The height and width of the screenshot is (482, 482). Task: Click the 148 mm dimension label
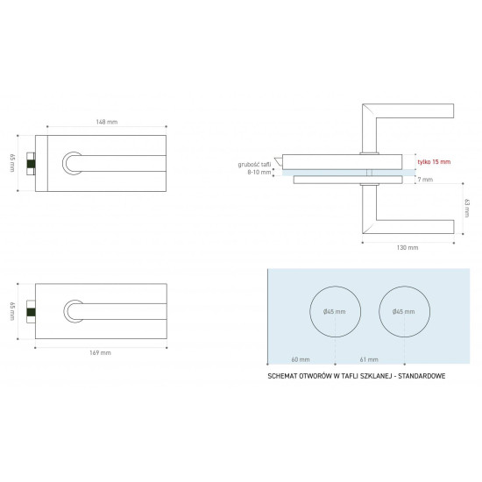pyautogui.click(x=107, y=122)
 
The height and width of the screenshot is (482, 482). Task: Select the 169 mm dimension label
pyautogui.click(x=100, y=352)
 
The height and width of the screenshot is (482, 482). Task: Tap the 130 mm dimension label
pyautogui.click(x=408, y=247)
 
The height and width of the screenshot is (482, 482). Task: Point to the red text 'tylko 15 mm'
pyautogui.click(x=434, y=162)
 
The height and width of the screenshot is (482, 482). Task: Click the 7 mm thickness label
pyautogui.click(x=425, y=180)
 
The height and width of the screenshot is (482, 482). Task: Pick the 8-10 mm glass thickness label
pyautogui.click(x=259, y=172)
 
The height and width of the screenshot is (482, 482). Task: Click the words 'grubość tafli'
pyautogui.click(x=254, y=165)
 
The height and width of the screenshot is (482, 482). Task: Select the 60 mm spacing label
pyautogui.click(x=301, y=359)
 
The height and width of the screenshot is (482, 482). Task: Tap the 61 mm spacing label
pyautogui.click(x=369, y=359)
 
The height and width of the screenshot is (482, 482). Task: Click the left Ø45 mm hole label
pyautogui.click(x=335, y=312)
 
